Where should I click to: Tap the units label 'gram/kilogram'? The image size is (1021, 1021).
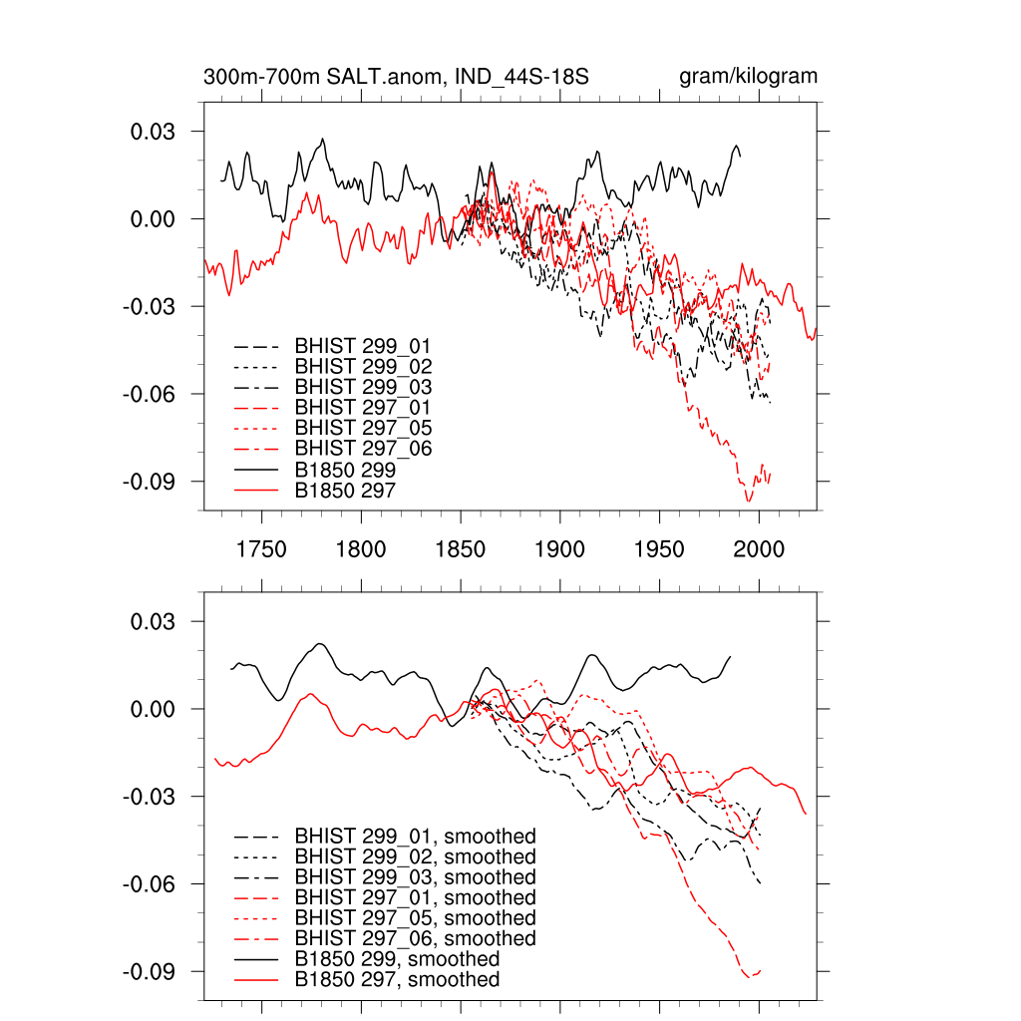click(748, 77)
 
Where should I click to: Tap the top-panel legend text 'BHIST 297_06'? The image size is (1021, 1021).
click(363, 449)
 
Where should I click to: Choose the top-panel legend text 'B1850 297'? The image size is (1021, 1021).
click(346, 490)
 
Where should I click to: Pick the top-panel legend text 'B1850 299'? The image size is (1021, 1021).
click(346, 470)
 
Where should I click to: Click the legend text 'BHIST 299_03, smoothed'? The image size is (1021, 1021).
click(415, 877)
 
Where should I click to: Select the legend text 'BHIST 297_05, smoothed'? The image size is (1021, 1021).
click(415, 918)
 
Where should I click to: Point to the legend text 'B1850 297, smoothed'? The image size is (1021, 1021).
click(398, 980)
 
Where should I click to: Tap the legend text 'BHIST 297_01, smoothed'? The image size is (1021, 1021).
click(415, 897)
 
